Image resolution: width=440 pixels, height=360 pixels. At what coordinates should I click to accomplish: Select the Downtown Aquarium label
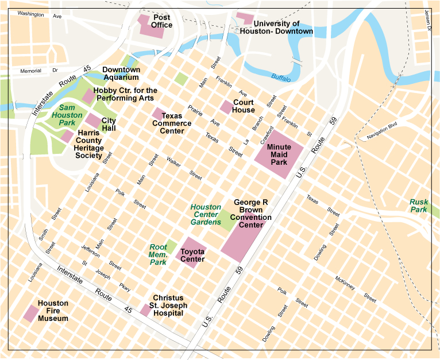click(x=121, y=73)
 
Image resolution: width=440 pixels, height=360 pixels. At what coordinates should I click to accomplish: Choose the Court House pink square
click(x=226, y=107)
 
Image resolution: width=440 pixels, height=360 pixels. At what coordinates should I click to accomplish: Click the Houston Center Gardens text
click(x=206, y=214)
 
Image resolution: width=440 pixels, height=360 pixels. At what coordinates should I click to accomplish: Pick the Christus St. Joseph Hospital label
click(x=167, y=305)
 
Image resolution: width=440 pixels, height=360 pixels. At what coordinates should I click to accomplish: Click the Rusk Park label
click(x=418, y=206)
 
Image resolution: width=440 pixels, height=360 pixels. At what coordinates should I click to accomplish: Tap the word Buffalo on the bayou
click(x=281, y=77)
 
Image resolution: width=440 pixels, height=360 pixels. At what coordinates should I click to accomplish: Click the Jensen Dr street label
click(x=427, y=20)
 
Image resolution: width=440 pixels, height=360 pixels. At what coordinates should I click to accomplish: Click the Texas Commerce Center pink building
click(x=158, y=114)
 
